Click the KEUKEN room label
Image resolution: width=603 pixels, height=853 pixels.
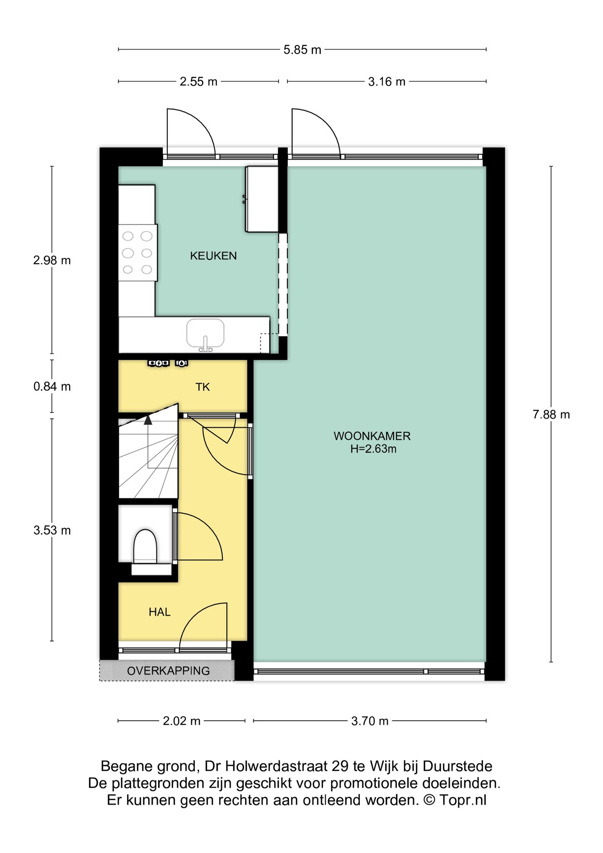[213, 256]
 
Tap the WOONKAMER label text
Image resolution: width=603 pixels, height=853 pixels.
[372, 436]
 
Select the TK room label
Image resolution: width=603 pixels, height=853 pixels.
[202, 387]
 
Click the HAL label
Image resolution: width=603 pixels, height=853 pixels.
[159, 612]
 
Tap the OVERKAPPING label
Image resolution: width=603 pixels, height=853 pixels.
[168, 671]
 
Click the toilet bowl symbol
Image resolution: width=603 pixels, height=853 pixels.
[145, 546]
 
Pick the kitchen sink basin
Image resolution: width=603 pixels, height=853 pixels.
[205, 333]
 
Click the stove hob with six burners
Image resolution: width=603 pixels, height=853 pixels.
[138, 252]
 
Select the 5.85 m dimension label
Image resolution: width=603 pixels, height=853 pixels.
[302, 50]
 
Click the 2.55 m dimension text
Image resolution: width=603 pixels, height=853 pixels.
[199, 82]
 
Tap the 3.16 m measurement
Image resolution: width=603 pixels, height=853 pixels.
[386, 82]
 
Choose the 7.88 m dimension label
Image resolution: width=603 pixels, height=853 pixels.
[551, 414]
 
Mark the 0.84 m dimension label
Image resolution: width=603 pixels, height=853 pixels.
[52, 387]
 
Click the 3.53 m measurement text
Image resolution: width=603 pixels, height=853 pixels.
[52, 531]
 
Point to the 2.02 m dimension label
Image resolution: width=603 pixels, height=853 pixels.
[182, 721]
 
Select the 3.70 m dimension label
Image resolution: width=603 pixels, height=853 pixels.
[370, 721]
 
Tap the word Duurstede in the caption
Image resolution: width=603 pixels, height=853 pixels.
[457, 766]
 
